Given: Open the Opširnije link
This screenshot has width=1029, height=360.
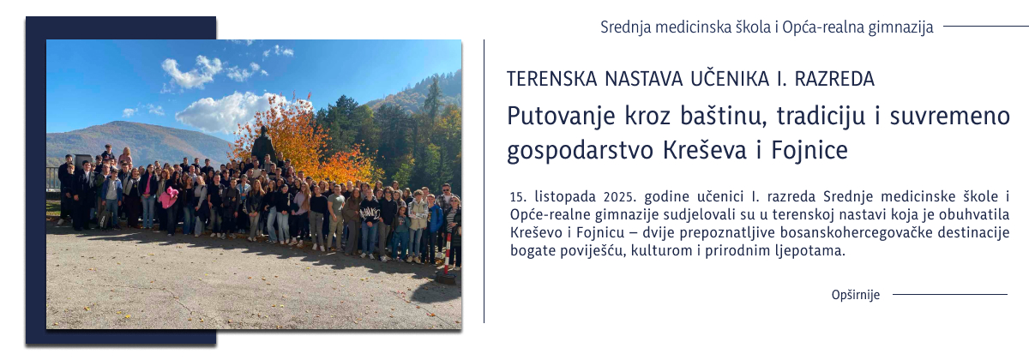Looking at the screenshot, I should tap(855, 295).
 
